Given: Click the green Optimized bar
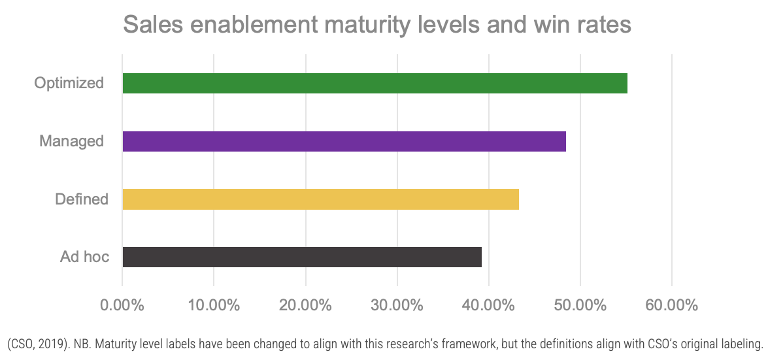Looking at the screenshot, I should tap(375, 84).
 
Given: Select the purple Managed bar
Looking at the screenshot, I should tap(344, 141).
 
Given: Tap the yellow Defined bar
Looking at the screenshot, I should tap(320, 199).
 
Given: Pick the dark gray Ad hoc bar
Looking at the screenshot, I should tap(302, 257).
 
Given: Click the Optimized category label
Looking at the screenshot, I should tap(69, 84).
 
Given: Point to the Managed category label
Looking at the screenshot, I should tap(71, 141).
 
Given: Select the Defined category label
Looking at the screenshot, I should tap(82, 199).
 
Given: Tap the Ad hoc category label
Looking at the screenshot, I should tap(84, 257).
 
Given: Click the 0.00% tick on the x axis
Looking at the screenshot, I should tap(122, 305).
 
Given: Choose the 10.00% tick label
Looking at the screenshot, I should tap(214, 305).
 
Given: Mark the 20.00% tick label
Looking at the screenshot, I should tap(305, 305).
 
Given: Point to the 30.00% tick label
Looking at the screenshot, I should tap(397, 305).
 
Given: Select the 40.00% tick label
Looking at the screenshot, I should tap(488, 305).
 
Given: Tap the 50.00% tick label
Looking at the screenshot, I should tap(580, 305).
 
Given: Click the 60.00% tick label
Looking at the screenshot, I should tap(671, 305).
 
